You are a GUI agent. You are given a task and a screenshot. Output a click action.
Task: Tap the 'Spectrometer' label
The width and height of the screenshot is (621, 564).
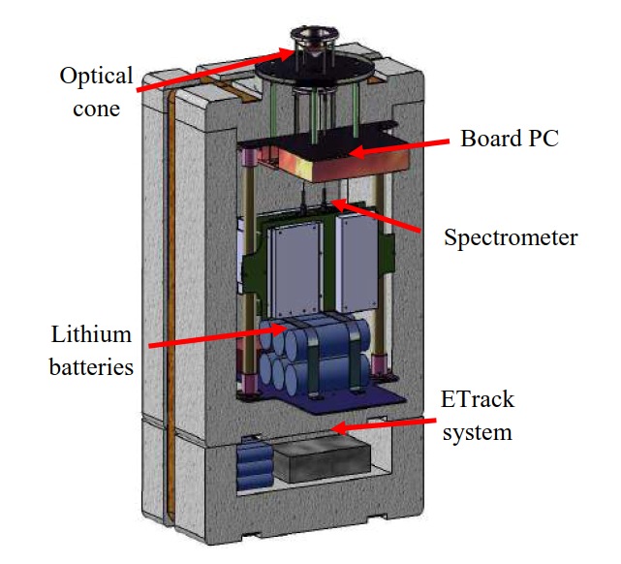click(510, 235)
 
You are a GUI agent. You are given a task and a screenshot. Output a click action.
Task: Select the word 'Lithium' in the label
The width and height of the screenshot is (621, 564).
click(90, 336)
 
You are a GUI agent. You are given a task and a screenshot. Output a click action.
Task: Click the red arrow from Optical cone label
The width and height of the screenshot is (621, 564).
click(207, 67)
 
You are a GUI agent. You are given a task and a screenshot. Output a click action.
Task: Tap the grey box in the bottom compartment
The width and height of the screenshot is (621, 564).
click(320, 464)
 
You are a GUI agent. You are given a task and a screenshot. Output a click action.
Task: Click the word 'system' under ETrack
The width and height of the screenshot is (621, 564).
click(478, 433)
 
